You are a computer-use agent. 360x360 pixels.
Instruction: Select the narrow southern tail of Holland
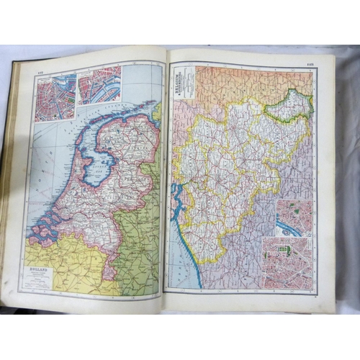112,259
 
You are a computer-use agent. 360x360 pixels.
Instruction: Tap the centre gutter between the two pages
165,180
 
